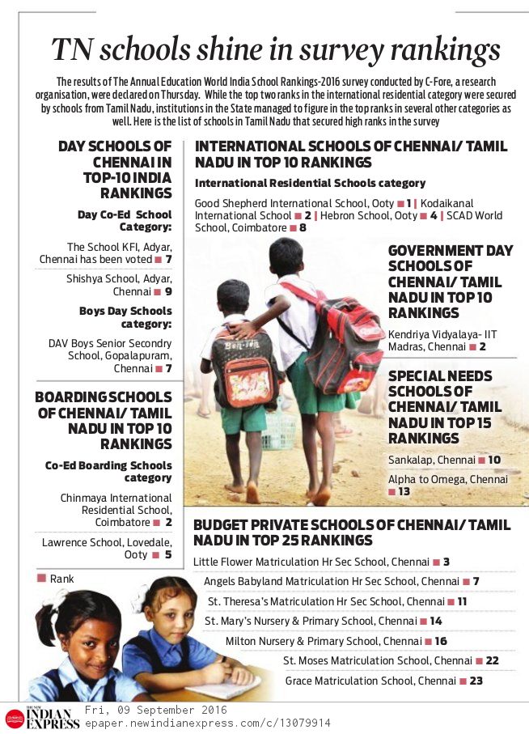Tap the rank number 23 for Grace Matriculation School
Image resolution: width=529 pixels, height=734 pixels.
tap(476, 681)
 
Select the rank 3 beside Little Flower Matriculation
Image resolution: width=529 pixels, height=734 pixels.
tap(446, 562)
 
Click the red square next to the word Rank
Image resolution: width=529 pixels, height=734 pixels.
tap(40, 579)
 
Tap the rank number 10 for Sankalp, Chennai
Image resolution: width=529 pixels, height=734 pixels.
tap(494, 460)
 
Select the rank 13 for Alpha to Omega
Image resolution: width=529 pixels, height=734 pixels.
tap(404, 492)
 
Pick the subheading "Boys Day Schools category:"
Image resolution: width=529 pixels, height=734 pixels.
tap(125, 316)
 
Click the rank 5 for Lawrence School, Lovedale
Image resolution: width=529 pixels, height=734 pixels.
tap(168, 555)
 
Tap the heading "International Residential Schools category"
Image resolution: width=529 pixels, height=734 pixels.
tap(310, 184)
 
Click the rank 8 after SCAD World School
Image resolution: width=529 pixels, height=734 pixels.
tap(303, 228)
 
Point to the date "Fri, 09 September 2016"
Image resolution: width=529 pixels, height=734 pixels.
tap(155, 710)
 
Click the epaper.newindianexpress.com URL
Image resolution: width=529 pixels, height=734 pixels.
tap(207, 723)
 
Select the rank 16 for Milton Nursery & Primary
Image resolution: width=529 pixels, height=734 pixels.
tap(441, 641)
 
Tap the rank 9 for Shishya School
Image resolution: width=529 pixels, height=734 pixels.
tap(168, 291)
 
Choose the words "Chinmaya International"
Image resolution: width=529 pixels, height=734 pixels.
tap(116, 498)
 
